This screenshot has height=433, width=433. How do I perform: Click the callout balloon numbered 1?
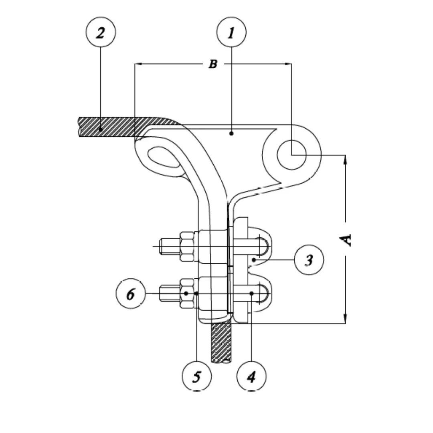click(231, 32)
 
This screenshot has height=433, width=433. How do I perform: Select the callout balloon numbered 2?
click(101, 32)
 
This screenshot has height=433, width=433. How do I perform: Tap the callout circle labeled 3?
click(309, 260)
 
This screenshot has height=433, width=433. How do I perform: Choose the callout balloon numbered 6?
click(131, 294)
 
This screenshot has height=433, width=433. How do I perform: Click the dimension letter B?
click(213, 64)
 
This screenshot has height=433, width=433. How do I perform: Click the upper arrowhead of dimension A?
click(346, 159)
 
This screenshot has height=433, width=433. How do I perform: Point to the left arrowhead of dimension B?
click(139, 64)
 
